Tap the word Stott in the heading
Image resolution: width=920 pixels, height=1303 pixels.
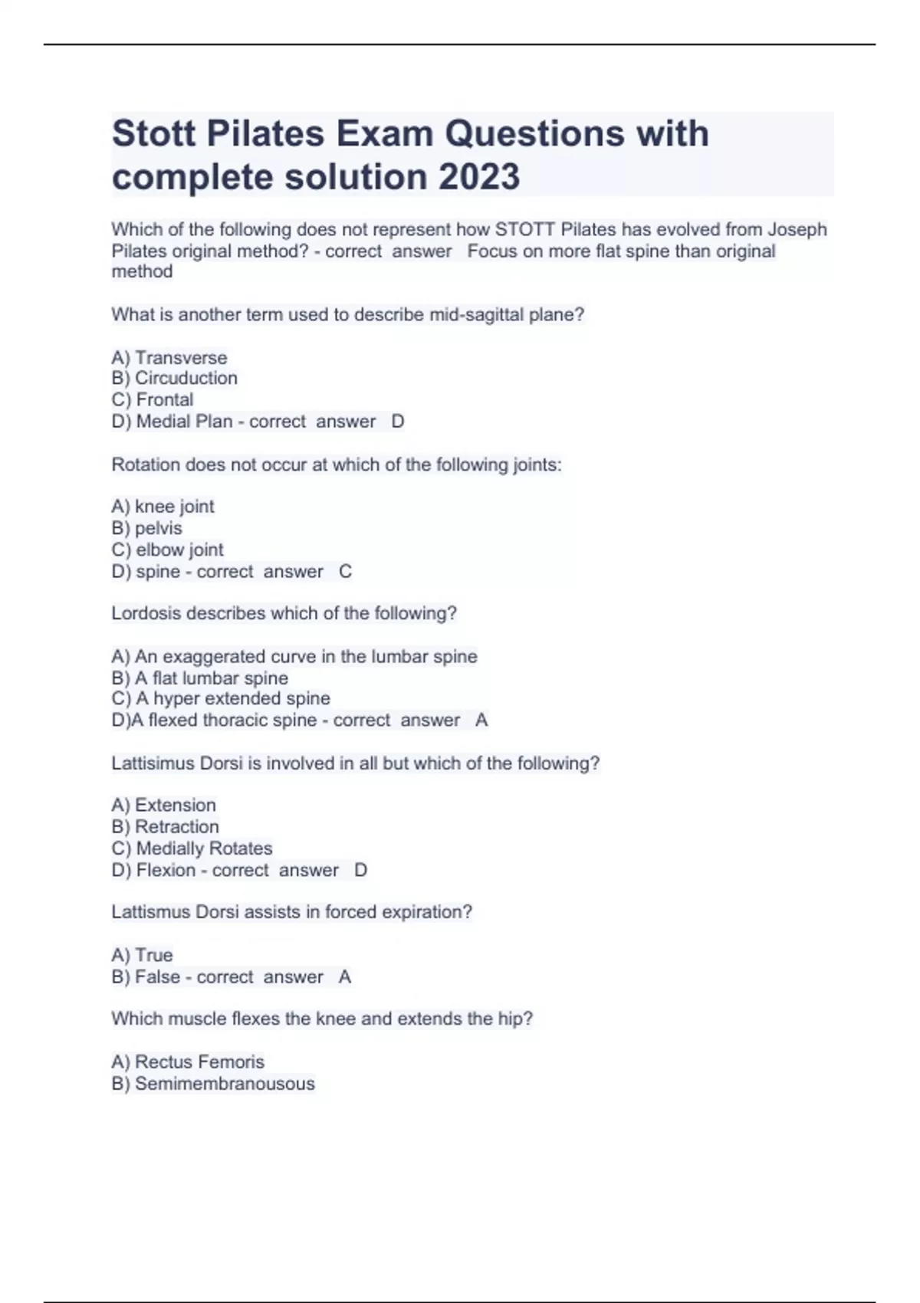point(153,134)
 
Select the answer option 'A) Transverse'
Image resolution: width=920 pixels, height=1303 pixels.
point(169,358)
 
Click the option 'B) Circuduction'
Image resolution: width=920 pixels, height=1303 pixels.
point(175,379)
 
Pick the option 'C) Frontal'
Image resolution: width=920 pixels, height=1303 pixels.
point(153,400)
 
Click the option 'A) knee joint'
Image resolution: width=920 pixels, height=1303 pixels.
point(163,507)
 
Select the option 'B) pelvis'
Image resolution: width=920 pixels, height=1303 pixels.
point(147,528)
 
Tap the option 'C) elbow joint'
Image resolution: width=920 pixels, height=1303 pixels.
point(168,550)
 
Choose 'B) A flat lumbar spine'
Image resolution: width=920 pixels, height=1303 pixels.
point(200,678)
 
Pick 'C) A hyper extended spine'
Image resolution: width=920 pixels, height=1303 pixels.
point(221,699)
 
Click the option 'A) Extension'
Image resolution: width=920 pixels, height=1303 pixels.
point(164,806)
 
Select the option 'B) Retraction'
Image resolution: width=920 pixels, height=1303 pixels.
point(166,827)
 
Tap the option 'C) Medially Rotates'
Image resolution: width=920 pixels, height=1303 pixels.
point(192,848)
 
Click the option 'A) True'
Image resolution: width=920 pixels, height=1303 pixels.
point(143,955)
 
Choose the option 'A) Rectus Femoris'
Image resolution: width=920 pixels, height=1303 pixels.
point(188,1062)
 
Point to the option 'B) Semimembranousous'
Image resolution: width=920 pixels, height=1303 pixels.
point(213,1084)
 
